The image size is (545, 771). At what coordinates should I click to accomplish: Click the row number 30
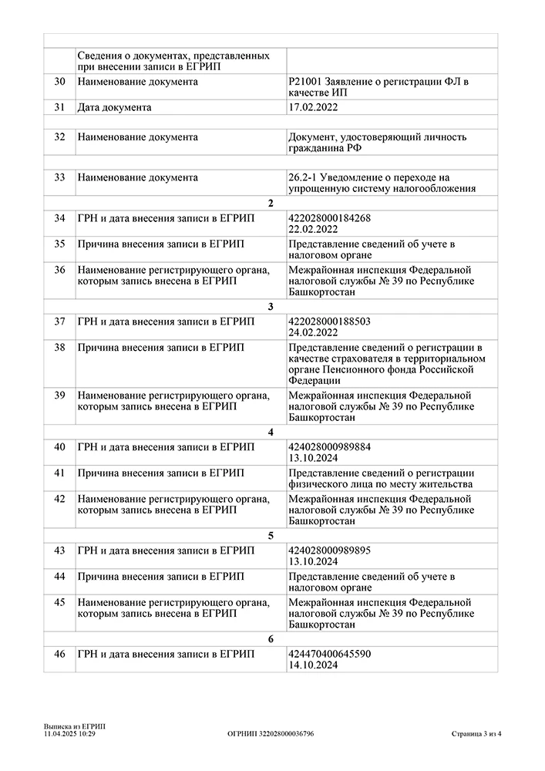pyautogui.click(x=59, y=81)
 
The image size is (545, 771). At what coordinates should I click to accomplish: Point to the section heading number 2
pyautogui.click(x=271, y=204)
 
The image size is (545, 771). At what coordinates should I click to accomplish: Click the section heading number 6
pyautogui.click(x=271, y=638)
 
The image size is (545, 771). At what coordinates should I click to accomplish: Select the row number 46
pyautogui.click(x=59, y=654)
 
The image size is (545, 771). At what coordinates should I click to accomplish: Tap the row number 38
pyautogui.click(x=59, y=348)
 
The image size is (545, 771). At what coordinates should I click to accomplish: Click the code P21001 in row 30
pyautogui.click(x=304, y=81)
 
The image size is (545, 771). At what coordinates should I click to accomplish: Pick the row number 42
pyautogui.click(x=59, y=499)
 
